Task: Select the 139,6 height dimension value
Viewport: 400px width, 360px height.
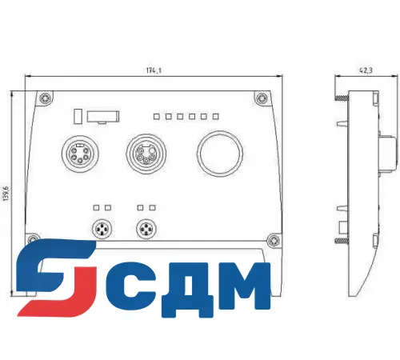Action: pos(6,194)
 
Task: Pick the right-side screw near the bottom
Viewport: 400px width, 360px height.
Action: pos(274,238)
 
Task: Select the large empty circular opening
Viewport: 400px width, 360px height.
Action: pos(216,154)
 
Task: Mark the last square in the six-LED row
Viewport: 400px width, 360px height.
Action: pos(215,117)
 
